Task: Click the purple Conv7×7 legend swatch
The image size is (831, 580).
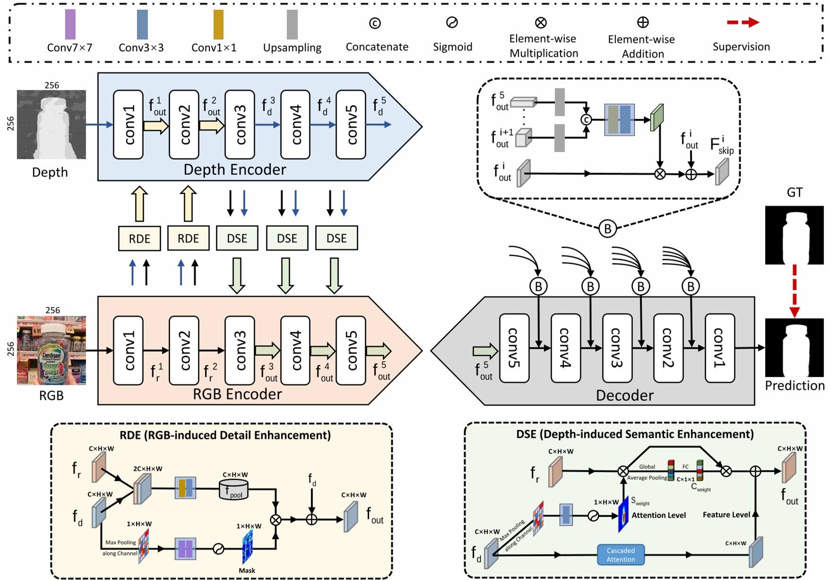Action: [70, 25]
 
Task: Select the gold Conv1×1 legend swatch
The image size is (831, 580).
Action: [218, 25]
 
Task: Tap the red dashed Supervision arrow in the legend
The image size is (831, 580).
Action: [743, 22]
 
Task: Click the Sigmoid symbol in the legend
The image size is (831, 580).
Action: [452, 22]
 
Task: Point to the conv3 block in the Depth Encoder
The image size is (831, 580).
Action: [240, 125]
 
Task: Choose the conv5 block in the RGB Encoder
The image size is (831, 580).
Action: [351, 350]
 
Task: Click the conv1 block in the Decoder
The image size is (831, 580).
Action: [719, 348]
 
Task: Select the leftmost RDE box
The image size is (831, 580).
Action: [139, 238]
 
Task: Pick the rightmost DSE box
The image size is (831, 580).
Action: [337, 238]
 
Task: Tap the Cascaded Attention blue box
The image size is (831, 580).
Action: [621, 555]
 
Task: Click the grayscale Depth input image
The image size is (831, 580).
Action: [52, 125]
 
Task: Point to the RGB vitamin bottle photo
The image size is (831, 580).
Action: [52, 350]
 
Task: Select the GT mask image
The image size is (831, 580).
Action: [794, 235]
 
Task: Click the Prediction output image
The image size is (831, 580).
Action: [794, 347]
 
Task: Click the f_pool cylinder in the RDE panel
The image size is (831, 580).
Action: [234, 490]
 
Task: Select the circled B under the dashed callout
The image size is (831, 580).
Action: [607, 229]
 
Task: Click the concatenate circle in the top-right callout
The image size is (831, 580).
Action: [586, 120]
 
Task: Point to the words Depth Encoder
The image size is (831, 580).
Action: [234, 170]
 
